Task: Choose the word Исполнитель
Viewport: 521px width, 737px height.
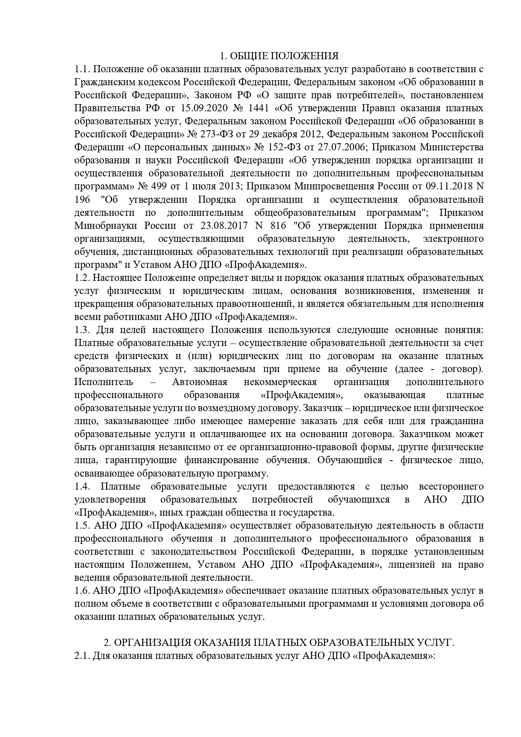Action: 104,382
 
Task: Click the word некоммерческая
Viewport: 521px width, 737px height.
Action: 280,382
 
